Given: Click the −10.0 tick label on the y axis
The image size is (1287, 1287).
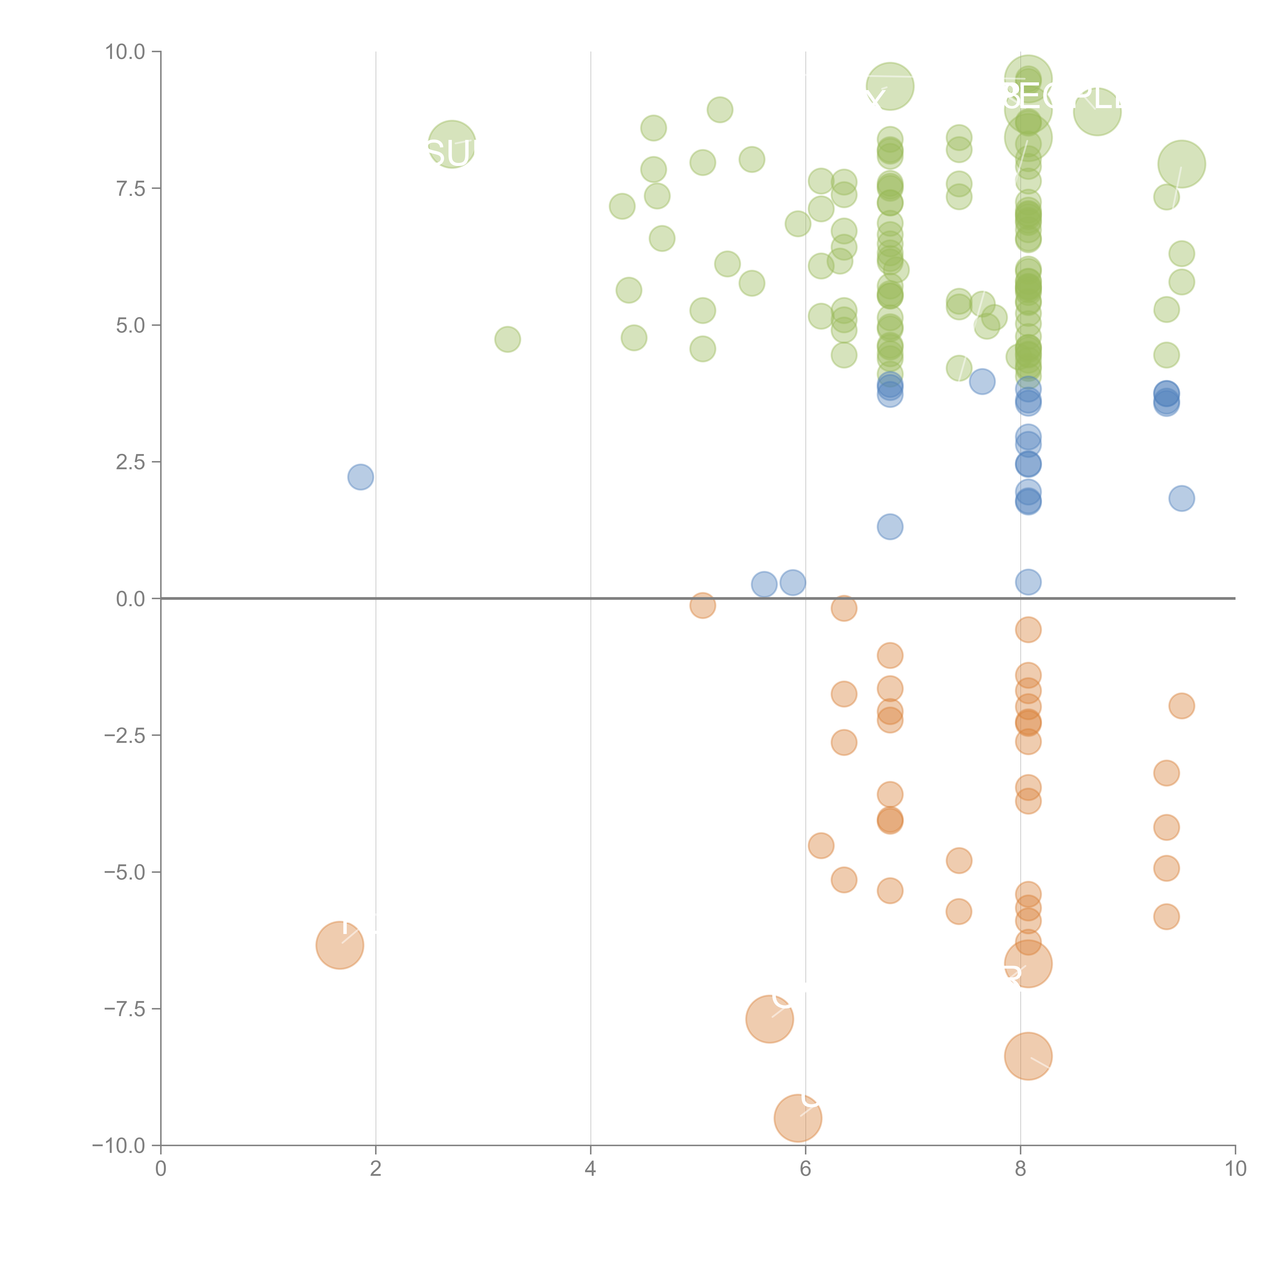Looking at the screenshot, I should (119, 1146).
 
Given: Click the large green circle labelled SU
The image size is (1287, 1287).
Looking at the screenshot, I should (452, 145).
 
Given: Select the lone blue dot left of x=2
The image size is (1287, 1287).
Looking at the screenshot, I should (360, 477).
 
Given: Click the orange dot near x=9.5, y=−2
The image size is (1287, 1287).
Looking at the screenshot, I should (1181, 706).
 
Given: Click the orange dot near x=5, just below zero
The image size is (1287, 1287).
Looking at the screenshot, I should (702, 605).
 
